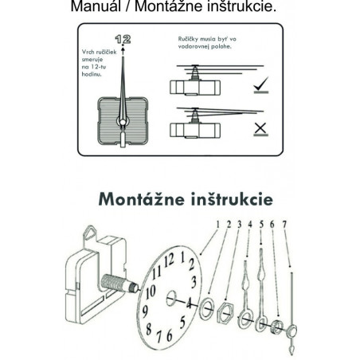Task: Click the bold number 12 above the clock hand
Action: (124, 38)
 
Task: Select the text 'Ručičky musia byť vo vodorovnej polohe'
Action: (209, 42)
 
